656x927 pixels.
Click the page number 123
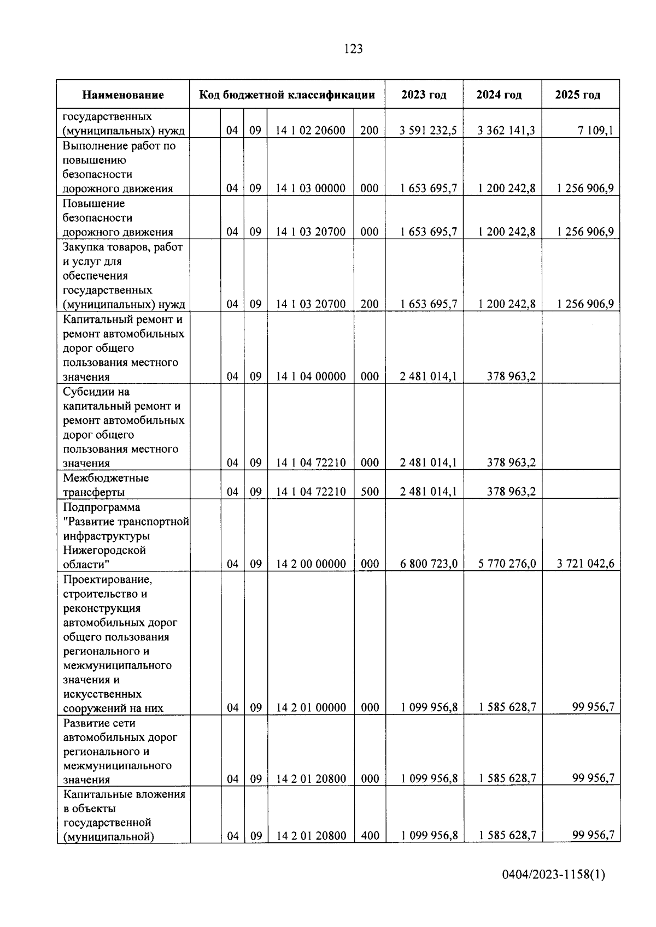[x=354, y=49]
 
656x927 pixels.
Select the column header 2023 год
[x=424, y=95]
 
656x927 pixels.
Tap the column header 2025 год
[x=578, y=95]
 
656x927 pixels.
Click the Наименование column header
[x=123, y=95]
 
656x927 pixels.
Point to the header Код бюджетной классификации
[x=287, y=95]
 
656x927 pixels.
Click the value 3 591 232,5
[x=429, y=131]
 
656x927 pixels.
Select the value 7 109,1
[x=596, y=131]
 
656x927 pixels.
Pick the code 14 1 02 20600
[x=311, y=131]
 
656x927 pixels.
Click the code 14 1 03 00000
[x=311, y=188]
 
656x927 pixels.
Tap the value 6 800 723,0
[x=429, y=564]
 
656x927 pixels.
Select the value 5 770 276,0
[x=507, y=564]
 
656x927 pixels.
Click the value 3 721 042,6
[x=585, y=564]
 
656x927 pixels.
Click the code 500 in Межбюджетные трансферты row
[x=370, y=492]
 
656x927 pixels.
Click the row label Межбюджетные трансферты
[x=106, y=485]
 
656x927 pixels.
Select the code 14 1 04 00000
[x=311, y=376]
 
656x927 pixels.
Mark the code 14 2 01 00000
[x=311, y=708]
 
